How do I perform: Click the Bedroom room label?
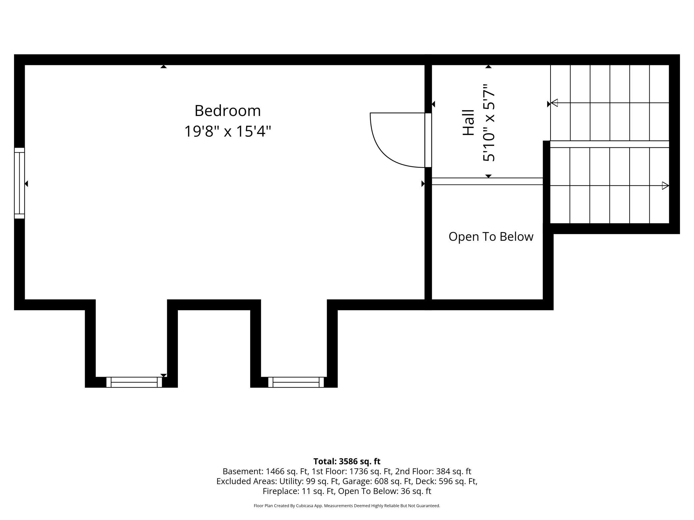228,111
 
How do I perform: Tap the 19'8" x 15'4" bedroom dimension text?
228,131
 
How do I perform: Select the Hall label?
468,123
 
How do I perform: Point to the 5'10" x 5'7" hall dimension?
489,123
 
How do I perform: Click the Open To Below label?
491,237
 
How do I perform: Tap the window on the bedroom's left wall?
19,183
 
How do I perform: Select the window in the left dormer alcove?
134,382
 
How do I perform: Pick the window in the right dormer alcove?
296,382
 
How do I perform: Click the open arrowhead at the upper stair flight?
554,103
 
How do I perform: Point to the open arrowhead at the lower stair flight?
665,186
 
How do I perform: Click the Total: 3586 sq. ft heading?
347,461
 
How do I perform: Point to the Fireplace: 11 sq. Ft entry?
299,491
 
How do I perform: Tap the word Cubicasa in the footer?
304,506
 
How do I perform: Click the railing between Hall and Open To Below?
487,181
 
